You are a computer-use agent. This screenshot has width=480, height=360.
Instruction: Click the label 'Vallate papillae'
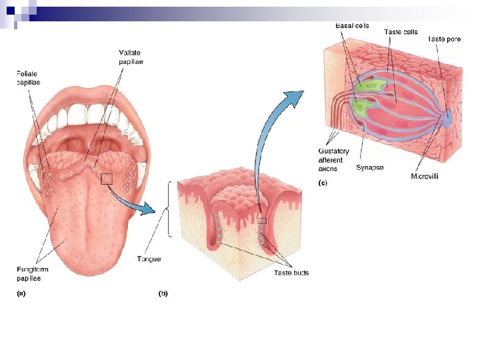tap(131, 57)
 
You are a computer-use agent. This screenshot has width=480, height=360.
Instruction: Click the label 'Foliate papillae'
tap(29, 78)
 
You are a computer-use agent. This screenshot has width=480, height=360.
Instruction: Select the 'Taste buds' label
tap(291, 273)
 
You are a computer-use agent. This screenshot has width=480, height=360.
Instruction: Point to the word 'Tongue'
tap(149, 259)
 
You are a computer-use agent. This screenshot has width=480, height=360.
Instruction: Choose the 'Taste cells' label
tap(401, 31)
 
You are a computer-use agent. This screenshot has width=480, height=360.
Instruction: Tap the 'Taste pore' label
tap(444, 39)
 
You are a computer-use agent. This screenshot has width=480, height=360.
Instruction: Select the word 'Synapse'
tap(369, 167)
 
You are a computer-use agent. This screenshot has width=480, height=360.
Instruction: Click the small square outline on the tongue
tap(106, 178)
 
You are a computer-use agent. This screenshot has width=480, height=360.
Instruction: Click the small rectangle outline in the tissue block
tap(262, 221)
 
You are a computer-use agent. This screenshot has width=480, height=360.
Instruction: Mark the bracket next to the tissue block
tap(173, 209)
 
